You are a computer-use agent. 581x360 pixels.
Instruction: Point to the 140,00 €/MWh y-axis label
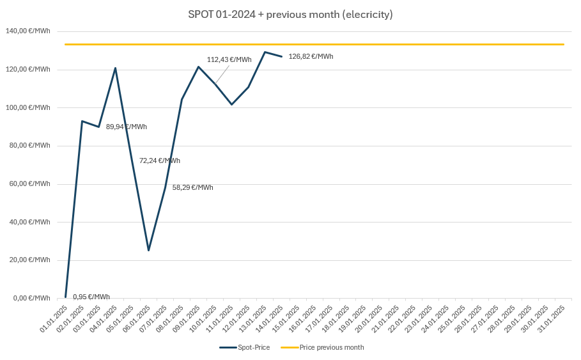point(27,31)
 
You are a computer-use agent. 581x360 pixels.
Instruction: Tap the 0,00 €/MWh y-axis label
point(31,298)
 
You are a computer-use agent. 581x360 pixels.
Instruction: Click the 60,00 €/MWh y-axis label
point(29,184)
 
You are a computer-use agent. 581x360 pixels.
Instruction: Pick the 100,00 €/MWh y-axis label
point(27,107)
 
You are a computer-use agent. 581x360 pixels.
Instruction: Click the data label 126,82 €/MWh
point(311,56)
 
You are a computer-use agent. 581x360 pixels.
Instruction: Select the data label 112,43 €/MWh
point(229,59)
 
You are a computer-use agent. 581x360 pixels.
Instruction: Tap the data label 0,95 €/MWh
point(91,297)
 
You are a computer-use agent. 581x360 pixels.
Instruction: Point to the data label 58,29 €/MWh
point(192,187)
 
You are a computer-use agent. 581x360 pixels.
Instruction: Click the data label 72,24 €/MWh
point(159,160)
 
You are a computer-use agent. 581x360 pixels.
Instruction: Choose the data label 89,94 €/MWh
point(126,127)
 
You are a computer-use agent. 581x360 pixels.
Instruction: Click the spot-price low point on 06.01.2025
point(148,250)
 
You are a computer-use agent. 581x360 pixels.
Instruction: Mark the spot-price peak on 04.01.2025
point(115,68)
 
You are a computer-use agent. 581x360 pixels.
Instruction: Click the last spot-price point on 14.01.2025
point(281,57)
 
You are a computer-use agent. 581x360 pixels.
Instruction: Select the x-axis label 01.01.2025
point(55,318)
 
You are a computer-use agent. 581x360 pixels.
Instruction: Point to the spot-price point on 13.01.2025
point(265,52)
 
